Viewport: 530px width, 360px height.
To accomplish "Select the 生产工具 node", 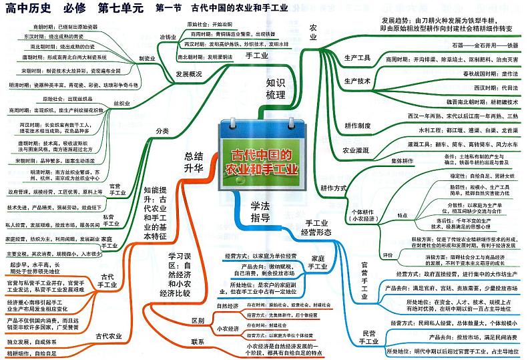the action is (357, 57).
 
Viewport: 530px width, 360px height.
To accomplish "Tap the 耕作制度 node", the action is (358, 125).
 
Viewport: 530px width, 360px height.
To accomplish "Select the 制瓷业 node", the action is (147, 58).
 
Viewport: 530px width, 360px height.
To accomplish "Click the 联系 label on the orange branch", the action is (197, 342).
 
